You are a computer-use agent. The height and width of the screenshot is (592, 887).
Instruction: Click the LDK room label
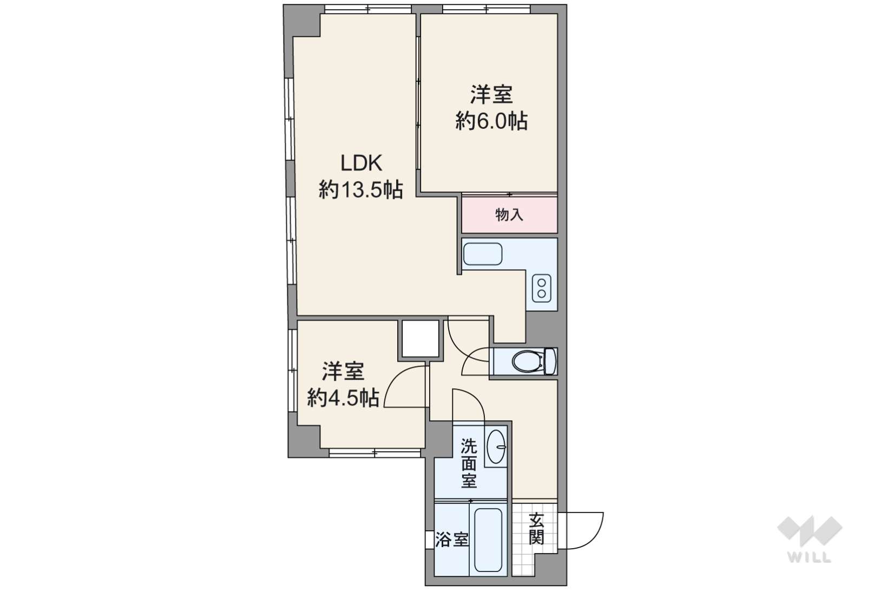point(362,163)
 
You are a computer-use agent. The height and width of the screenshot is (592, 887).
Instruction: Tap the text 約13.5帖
point(361,190)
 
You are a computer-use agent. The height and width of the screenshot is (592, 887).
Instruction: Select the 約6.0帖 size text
point(491,121)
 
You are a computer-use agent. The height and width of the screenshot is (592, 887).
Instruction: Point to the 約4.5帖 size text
point(343,398)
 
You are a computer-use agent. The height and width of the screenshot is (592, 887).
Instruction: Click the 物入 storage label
point(509,215)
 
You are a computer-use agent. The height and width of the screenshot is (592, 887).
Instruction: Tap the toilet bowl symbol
point(527,361)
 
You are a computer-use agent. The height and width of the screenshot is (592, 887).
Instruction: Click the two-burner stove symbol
point(541,288)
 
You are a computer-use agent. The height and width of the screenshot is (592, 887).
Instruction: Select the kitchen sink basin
point(483,254)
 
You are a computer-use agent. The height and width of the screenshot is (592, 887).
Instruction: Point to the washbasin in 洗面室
point(496,447)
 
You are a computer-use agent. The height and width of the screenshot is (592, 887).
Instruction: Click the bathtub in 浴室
point(488,540)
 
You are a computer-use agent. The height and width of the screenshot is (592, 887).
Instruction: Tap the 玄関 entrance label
point(536,529)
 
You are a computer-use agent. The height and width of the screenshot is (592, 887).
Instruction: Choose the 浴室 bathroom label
point(452,539)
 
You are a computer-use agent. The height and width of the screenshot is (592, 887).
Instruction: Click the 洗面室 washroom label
point(469,464)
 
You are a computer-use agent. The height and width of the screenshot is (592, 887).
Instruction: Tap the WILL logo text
point(810,557)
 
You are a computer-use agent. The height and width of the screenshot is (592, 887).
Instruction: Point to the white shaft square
point(420,339)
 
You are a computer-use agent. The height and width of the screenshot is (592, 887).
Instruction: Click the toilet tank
point(550,361)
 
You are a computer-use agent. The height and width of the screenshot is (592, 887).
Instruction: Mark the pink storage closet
point(510,215)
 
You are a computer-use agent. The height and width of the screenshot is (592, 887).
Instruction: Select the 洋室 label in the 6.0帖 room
point(491,94)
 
